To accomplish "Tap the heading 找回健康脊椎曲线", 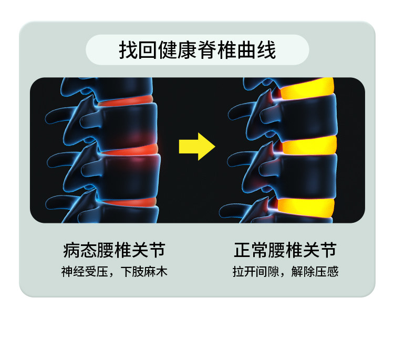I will point(197,50).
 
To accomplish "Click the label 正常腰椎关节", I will point(285,251).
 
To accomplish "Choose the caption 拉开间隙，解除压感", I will point(285,272).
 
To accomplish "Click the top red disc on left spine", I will point(126,100).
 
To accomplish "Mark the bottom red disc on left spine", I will point(129,202).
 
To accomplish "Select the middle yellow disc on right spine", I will point(310,145).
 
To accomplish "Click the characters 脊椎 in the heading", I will point(213,50).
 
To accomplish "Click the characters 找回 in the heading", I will point(134,50).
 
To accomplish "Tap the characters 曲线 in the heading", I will point(260,50).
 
